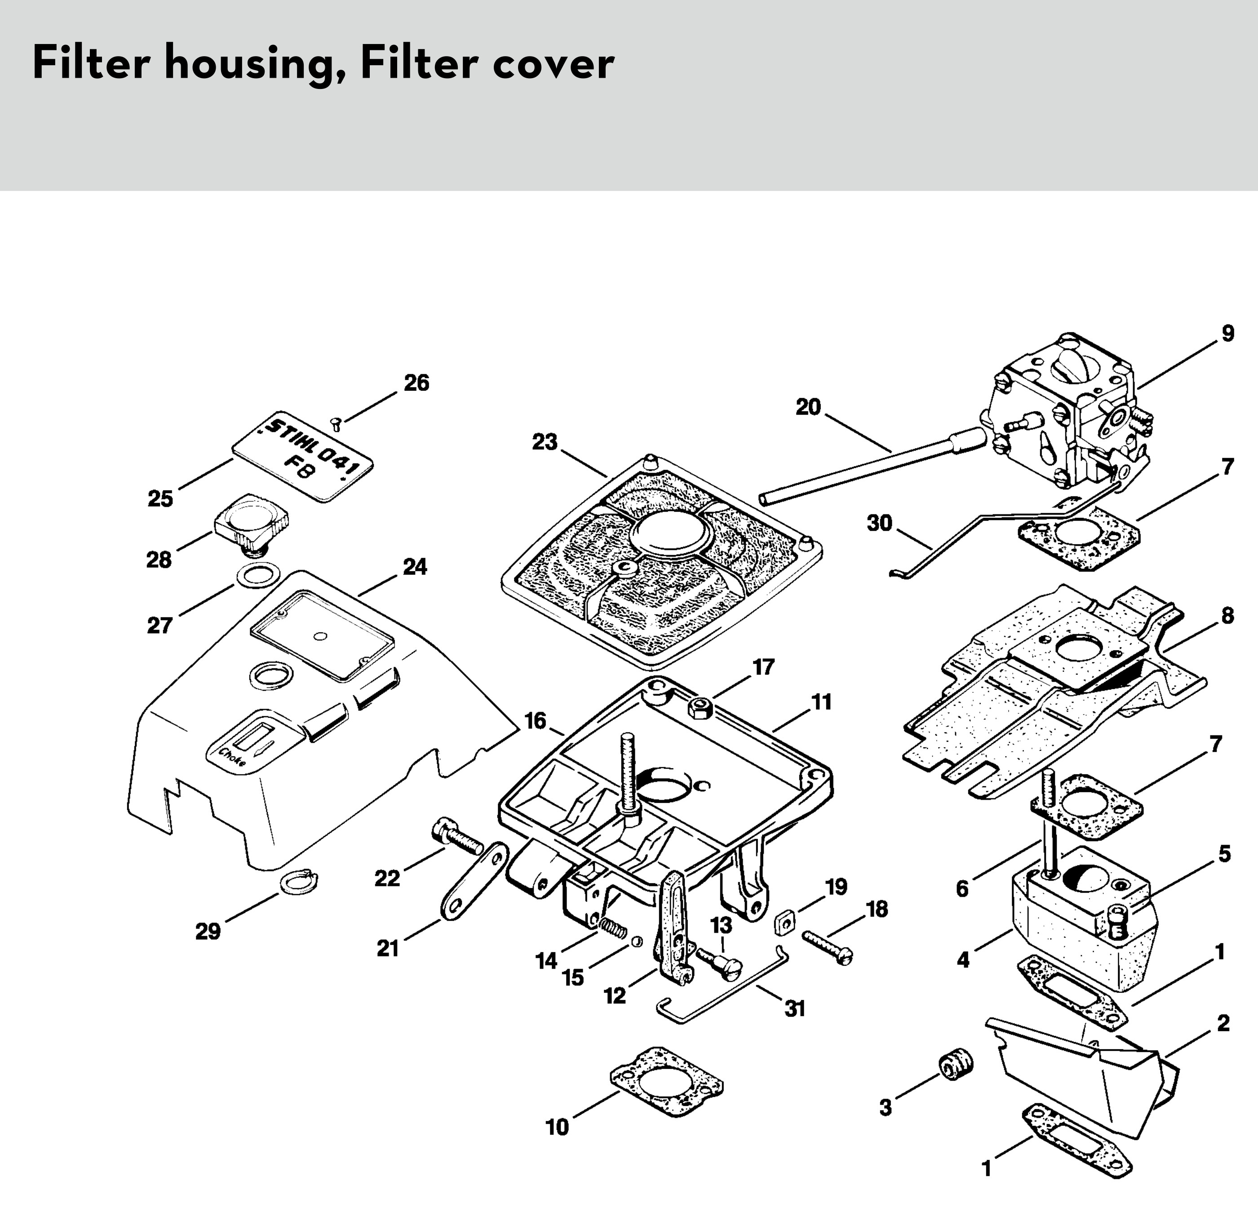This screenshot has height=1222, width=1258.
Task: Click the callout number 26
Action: coord(416,383)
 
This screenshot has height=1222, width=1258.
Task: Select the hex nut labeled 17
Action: coord(699,708)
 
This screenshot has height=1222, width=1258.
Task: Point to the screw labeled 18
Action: coord(827,948)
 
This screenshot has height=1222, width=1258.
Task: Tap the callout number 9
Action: coord(1227,334)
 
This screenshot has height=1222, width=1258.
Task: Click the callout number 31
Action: coord(795,1009)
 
